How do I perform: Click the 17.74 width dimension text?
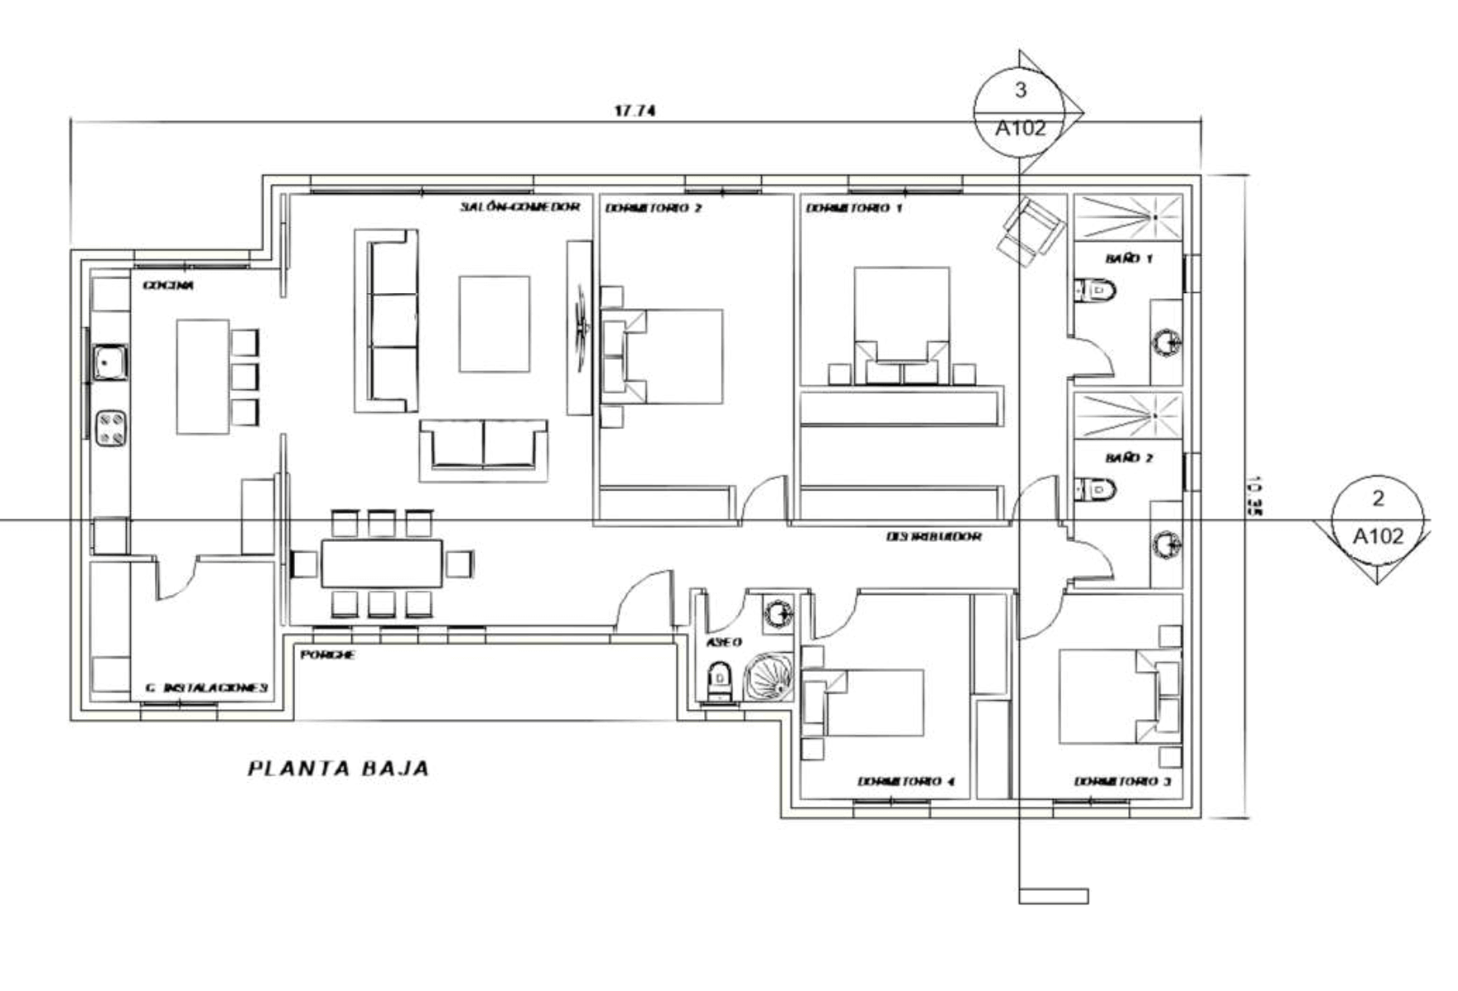point(635,110)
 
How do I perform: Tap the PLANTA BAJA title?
point(339,768)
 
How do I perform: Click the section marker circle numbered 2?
point(1378,519)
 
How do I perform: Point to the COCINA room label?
point(168,285)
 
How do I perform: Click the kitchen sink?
point(109,362)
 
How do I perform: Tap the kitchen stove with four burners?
point(111,428)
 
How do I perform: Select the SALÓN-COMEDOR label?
point(520,206)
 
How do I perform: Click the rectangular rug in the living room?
point(495,324)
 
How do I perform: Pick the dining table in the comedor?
point(382,563)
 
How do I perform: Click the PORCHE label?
point(327,655)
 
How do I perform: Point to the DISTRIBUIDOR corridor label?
point(934,537)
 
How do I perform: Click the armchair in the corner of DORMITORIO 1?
point(1031,230)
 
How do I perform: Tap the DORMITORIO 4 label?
point(905,781)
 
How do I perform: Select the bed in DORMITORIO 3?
point(1110,696)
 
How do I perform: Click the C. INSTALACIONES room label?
point(205,688)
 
